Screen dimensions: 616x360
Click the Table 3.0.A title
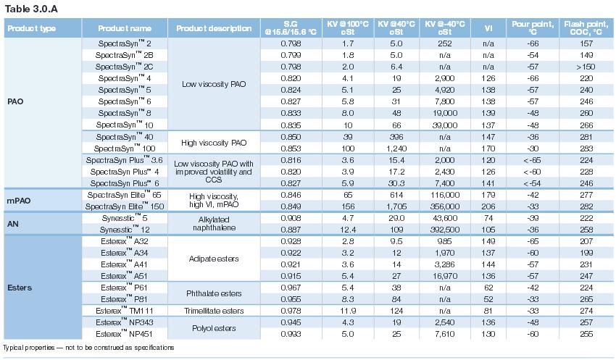(x=31, y=9)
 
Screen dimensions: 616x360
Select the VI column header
(x=488, y=28)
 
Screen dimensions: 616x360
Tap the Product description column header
(x=214, y=28)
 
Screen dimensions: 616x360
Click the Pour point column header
(x=533, y=28)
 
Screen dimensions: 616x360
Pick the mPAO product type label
(x=18, y=201)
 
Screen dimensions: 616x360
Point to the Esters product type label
(x=20, y=288)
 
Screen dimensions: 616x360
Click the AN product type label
(x=12, y=224)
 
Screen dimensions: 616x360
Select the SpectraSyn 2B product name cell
(x=124, y=55)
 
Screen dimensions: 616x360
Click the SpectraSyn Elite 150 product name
(x=125, y=206)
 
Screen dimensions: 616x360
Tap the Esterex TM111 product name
(x=125, y=311)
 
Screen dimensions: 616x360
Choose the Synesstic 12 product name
(x=125, y=230)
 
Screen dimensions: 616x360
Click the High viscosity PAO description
(x=214, y=143)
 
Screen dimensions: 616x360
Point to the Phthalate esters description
(x=214, y=293)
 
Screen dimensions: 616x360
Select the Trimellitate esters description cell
(x=214, y=311)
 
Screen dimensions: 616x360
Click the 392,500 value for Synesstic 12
(x=445, y=230)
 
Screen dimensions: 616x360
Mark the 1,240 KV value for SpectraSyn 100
(x=396, y=148)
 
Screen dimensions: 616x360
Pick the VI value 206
(x=488, y=206)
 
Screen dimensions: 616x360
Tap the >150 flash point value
(x=586, y=67)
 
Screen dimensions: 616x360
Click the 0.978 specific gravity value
(x=291, y=311)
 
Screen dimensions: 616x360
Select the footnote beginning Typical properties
(x=88, y=348)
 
